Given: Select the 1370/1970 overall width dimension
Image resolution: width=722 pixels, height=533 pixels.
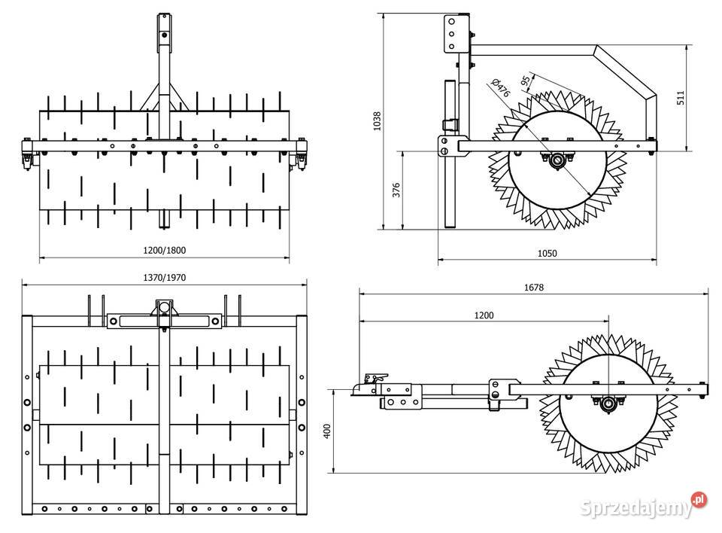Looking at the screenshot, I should pyautogui.click(x=164, y=277).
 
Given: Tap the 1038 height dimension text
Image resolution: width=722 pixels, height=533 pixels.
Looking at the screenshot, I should pyautogui.click(x=378, y=121).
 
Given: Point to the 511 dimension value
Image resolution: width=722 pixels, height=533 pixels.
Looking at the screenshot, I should pyautogui.click(x=681, y=98).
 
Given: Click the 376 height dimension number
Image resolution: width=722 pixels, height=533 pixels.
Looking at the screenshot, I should pyautogui.click(x=397, y=190).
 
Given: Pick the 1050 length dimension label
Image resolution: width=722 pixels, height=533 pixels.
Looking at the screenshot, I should pyautogui.click(x=547, y=254).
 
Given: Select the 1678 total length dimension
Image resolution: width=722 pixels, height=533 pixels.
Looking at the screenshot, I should pyautogui.click(x=534, y=287).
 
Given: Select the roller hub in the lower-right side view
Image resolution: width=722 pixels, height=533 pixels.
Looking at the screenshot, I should pyautogui.click(x=608, y=404).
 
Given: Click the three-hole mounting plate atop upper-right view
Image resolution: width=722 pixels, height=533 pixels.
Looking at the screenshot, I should pyautogui.click(x=453, y=33).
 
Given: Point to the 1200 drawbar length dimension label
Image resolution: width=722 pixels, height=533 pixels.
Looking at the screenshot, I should pyautogui.click(x=484, y=315).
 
